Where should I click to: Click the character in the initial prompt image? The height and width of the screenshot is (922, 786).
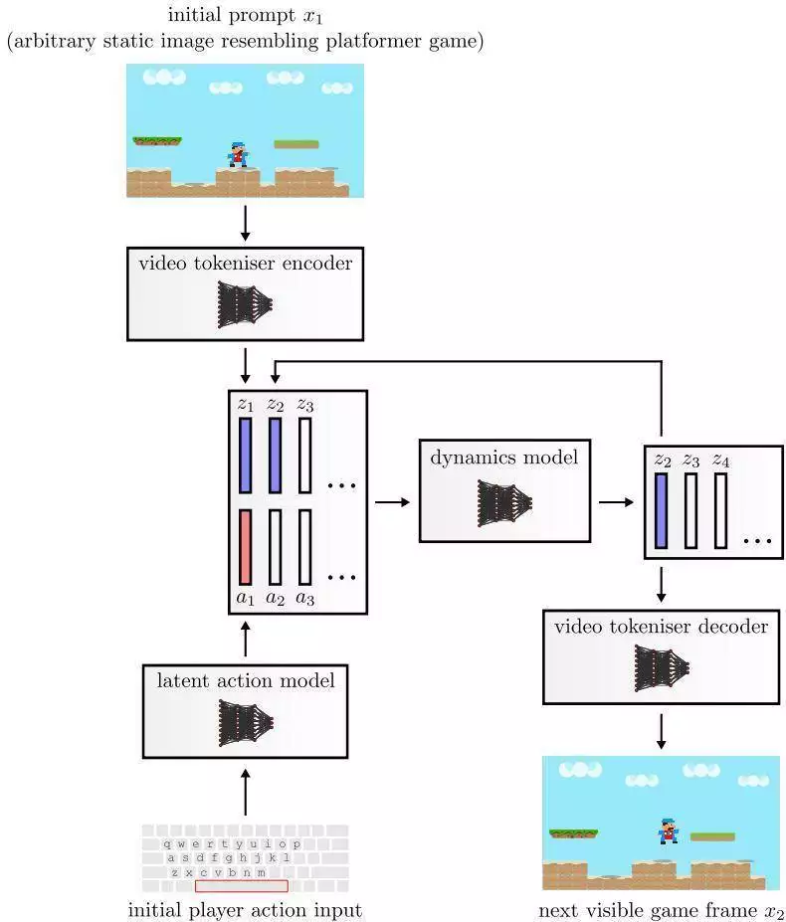[x=238, y=154]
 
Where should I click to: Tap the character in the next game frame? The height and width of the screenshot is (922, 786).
[x=668, y=830]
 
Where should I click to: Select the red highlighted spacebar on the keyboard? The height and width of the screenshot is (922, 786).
[x=241, y=885]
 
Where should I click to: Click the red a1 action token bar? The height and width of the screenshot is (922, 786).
[x=246, y=547]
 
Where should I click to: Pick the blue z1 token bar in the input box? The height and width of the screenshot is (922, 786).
[x=246, y=456]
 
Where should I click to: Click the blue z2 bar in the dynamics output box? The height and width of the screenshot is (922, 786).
[x=662, y=510]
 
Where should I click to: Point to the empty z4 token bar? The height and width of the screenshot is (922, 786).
[x=720, y=510]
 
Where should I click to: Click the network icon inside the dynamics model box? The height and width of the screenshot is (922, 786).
[x=504, y=503]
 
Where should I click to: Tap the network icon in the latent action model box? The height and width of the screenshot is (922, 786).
[x=246, y=723]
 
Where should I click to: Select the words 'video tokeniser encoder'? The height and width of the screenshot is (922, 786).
[x=246, y=263]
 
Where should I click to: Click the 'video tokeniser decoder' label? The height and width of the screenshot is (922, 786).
[x=662, y=627]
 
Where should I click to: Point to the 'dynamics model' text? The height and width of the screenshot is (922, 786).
[x=504, y=458]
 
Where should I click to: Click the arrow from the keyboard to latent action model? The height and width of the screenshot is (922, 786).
[x=246, y=792]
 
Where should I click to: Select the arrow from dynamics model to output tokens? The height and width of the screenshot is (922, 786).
[x=617, y=502]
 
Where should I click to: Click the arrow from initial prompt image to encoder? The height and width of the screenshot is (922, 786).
[x=246, y=223]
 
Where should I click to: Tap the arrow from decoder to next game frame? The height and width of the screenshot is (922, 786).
[x=662, y=731]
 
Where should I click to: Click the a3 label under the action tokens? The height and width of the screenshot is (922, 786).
[x=304, y=598]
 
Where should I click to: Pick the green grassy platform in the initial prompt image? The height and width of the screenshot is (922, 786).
[x=157, y=141]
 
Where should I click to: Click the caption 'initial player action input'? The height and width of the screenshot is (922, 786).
[x=245, y=910]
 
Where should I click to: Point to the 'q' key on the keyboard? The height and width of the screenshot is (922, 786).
[x=167, y=843]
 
